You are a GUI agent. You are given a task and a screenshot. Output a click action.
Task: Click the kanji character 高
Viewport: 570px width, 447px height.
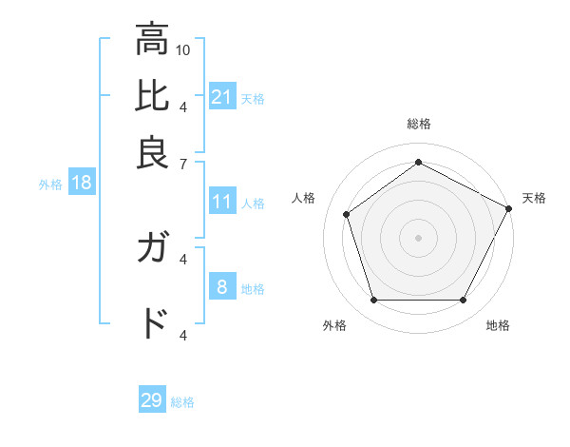(152, 41)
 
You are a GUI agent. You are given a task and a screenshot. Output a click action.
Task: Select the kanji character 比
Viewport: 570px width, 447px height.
(152, 97)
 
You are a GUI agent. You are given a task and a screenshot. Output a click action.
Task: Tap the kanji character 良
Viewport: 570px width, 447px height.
(152, 152)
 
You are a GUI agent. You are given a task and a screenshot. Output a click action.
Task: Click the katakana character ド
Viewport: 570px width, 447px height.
(152, 323)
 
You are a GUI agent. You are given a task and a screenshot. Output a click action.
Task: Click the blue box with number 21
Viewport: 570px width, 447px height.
(222, 97)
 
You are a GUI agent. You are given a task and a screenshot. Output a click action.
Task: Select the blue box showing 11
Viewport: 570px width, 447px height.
(222, 202)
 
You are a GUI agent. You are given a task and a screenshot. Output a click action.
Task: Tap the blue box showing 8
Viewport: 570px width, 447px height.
(222, 287)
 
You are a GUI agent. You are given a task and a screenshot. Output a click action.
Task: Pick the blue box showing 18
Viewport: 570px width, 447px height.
(82, 184)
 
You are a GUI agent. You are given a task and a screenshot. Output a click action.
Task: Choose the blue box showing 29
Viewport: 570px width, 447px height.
(152, 400)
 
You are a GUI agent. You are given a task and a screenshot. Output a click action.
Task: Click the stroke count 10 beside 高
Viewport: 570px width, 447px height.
(183, 49)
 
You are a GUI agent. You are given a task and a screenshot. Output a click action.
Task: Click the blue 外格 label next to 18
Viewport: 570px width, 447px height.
(50, 185)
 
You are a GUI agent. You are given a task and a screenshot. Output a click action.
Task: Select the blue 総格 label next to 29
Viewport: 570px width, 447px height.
(182, 402)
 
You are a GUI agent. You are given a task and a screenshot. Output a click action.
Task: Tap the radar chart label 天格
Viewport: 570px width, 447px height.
(534, 198)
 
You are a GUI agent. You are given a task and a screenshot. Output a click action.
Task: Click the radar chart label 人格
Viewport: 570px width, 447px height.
(304, 198)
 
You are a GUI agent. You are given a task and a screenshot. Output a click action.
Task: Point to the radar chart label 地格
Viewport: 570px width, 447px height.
(498, 325)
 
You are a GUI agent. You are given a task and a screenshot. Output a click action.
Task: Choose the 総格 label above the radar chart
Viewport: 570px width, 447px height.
(419, 124)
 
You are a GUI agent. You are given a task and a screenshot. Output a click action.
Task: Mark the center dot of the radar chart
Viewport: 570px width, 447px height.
(419, 237)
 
